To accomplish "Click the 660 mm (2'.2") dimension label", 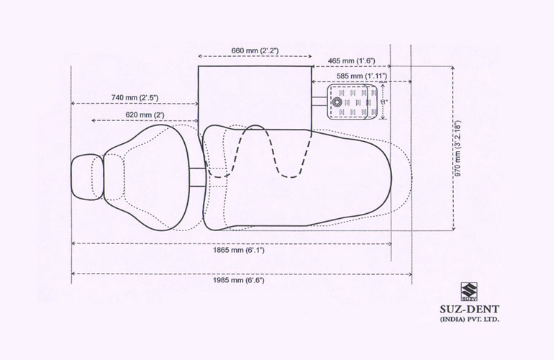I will (x=255, y=50).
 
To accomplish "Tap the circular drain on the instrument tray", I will (x=337, y=102).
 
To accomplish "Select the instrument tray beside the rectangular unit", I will (x=353, y=102).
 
